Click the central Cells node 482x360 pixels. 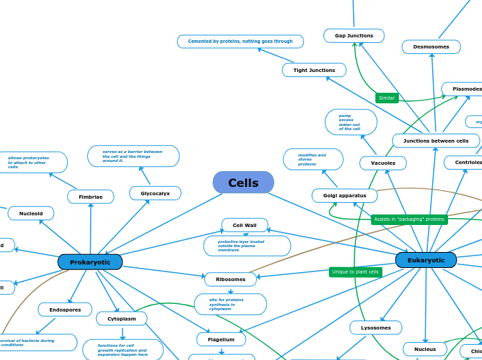(x=243, y=183)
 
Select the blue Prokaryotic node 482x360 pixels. (x=90, y=262)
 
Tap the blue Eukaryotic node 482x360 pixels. (x=426, y=260)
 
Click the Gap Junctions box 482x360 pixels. (x=354, y=36)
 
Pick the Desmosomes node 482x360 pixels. (x=431, y=47)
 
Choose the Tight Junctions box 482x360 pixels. (x=314, y=70)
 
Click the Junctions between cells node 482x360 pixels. (x=436, y=141)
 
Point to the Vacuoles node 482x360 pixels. (x=383, y=163)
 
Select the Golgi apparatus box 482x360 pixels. (x=344, y=196)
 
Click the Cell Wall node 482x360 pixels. (x=244, y=225)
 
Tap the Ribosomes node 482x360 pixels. (x=231, y=280)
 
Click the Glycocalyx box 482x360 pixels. (x=155, y=194)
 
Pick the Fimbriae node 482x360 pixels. (x=91, y=197)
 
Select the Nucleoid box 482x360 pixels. (x=31, y=214)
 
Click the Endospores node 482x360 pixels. (x=65, y=310)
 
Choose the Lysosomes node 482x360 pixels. (x=375, y=327)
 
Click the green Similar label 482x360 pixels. (x=387, y=98)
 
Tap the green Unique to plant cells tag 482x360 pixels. (x=355, y=272)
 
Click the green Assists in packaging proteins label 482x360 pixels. (x=409, y=219)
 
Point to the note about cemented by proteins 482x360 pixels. (x=240, y=42)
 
